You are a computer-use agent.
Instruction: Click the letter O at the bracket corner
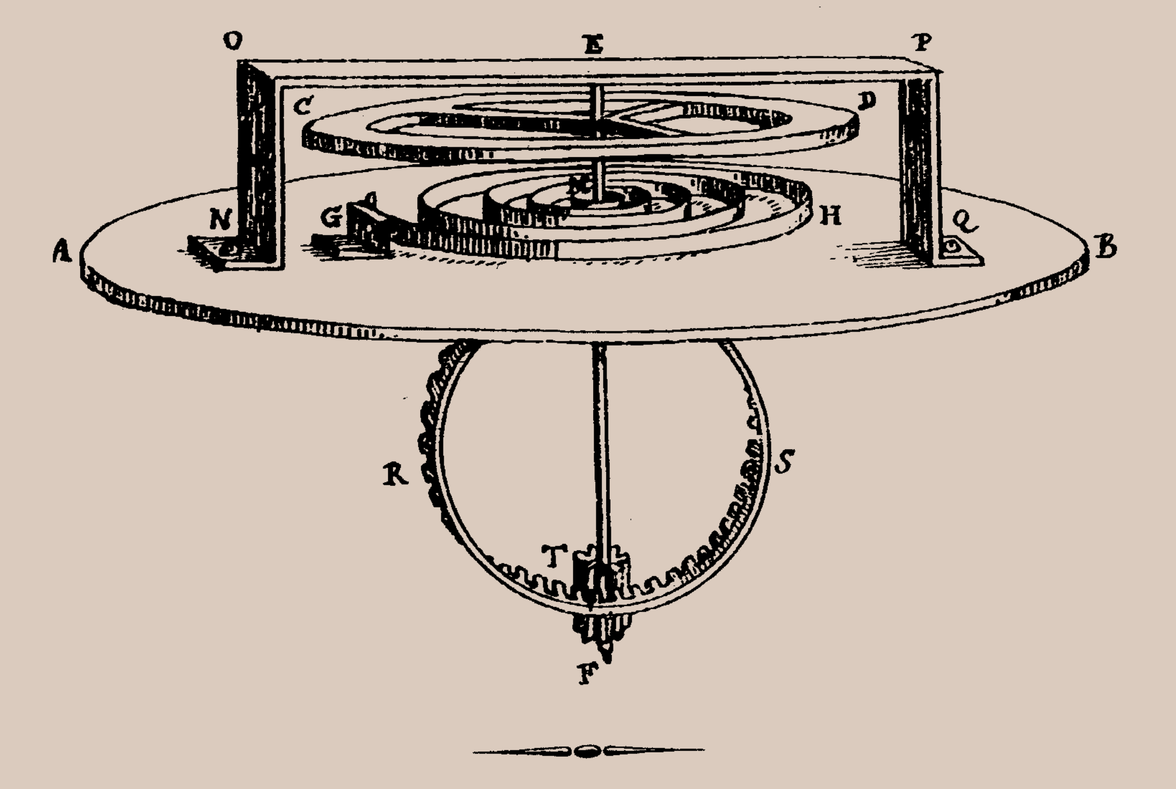click(233, 41)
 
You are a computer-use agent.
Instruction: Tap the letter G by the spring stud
click(331, 218)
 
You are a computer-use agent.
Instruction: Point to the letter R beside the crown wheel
click(396, 475)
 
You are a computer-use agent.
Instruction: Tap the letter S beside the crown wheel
click(784, 461)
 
